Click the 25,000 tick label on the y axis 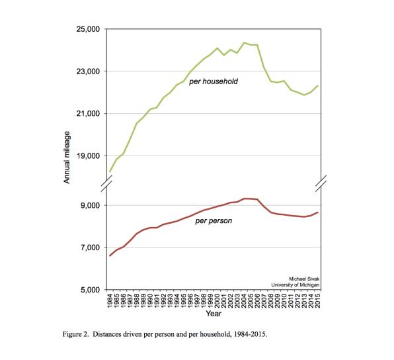pyautogui.click(x=88, y=29)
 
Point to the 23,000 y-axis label pyautogui.click(x=88, y=71)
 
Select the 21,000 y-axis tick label pyautogui.click(x=88, y=114)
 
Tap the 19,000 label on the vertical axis pyautogui.click(x=88, y=156)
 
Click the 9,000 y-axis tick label pyautogui.click(x=90, y=206)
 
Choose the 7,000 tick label pyautogui.click(x=90, y=247)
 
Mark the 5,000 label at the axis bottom pyautogui.click(x=90, y=290)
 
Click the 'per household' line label pyautogui.click(x=214, y=81)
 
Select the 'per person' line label pyautogui.click(x=214, y=221)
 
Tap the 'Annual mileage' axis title pyautogui.click(x=67, y=157)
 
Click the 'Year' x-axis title pyautogui.click(x=214, y=314)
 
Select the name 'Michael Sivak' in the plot pyautogui.click(x=304, y=279)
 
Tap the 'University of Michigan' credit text pyautogui.click(x=295, y=285)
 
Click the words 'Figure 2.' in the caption pyautogui.click(x=75, y=334)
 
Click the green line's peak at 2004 pyautogui.click(x=244, y=43)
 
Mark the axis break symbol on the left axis pyautogui.click(x=106, y=184)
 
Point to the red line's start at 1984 pyautogui.click(x=110, y=256)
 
